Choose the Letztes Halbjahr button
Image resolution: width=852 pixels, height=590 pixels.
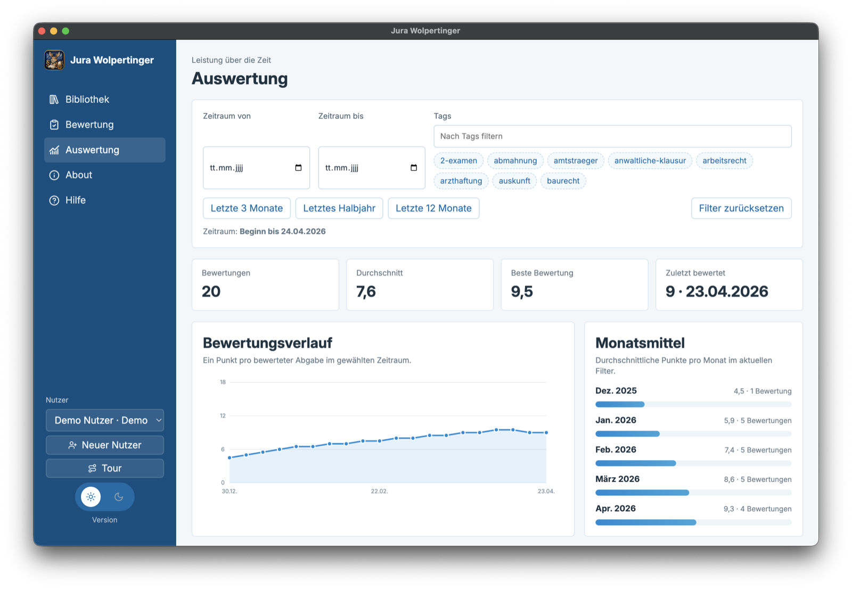coord(339,208)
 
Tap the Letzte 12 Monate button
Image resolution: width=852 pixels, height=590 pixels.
coord(433,208)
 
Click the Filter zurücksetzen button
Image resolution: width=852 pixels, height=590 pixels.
coord(741,208)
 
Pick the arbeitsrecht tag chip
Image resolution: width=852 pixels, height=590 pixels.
coord(724,160)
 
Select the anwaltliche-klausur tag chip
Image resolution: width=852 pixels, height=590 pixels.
coord(650,160)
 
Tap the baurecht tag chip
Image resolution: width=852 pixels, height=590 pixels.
coord(563,181)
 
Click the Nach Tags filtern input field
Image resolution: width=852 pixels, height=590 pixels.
coord(612,136)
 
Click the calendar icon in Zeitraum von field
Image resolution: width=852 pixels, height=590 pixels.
coord(298,168)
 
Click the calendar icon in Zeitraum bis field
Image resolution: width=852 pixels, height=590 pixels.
coord(413,168)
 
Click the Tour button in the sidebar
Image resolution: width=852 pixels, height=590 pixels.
coord(104,468)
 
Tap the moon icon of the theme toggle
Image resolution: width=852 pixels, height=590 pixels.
coord(119,496)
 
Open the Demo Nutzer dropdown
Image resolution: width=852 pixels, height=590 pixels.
coord(104,420)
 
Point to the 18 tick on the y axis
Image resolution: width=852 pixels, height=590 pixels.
coord(223,382)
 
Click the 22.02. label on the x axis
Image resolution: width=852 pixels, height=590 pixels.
coord(379,491)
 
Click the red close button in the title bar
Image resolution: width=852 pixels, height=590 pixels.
coord(42,31)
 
